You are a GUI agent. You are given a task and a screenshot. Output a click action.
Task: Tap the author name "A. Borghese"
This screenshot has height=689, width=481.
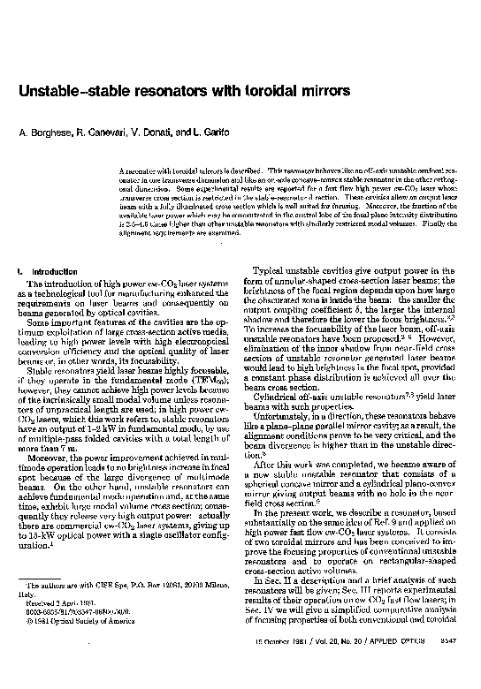click(x=45, y=132)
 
